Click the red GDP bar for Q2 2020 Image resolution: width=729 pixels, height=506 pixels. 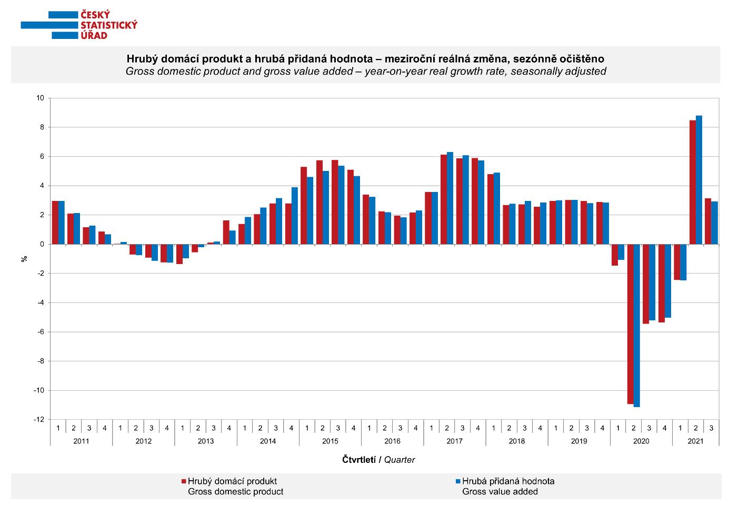click(630, 324)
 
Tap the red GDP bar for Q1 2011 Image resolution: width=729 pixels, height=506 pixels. click(55, 222)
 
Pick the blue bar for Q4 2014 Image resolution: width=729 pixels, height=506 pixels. click(295, 216)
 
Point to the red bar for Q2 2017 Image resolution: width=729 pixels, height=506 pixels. click(444, 199)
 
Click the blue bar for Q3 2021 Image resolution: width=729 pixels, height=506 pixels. click(714, 223)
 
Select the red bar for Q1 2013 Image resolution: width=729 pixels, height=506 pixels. click(179, 254)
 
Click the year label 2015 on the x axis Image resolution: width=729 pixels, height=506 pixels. click(330, 441)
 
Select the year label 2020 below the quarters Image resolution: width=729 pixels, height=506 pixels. click(641, 441)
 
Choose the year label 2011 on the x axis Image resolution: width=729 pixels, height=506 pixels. click(81, 441)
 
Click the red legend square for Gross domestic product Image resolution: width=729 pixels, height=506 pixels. click(184, 481)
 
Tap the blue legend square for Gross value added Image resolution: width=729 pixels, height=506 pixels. click(458, 481)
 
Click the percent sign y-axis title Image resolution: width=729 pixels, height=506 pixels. click(24, 259)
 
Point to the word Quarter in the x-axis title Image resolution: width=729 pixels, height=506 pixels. click(400, 460)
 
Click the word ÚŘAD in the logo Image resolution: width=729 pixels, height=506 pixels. click(94, 35)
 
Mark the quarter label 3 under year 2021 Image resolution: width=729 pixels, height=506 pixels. click(711, 428)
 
